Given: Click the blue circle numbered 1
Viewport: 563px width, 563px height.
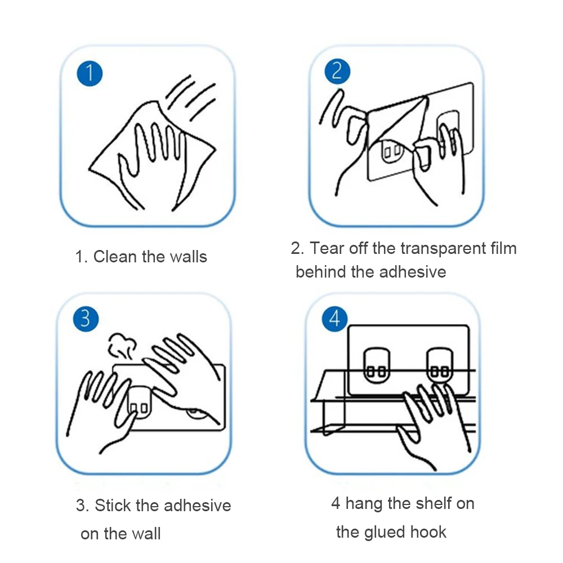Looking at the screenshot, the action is coord(90,74).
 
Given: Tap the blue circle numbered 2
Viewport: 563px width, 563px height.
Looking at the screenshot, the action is coord(337,72).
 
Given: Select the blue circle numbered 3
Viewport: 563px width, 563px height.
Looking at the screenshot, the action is coord(86,319).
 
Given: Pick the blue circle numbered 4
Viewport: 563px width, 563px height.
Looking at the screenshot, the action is coord(334,319).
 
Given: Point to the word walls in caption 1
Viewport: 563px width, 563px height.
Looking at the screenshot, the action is coord(188,257).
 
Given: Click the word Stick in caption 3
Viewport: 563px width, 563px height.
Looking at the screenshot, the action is coord(113,506).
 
